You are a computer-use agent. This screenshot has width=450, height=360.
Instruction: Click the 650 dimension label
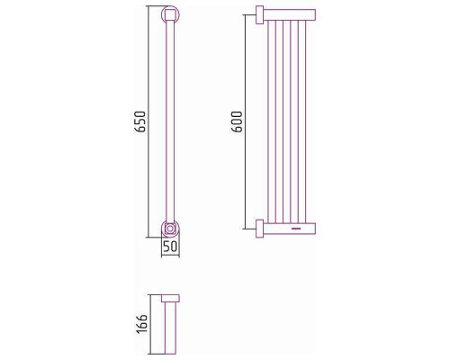click(x=140, y=121)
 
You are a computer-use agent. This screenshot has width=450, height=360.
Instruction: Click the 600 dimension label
click(x=237, y=121)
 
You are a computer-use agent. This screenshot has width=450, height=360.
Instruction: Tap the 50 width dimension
click(x=170, y=247)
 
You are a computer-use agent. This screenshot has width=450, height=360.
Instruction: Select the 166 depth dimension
click(x=141, y=324)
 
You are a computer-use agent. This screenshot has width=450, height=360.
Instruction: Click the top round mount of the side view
click(x=170, y=13)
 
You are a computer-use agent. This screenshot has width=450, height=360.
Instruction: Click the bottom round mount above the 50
click(x=170, y=229)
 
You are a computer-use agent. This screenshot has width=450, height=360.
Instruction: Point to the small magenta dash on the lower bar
click(x=296, y=229)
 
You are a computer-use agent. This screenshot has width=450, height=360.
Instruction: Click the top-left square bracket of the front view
click(x=259, y=14)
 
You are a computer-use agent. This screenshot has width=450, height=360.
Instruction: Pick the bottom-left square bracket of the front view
click(x=259, y=229)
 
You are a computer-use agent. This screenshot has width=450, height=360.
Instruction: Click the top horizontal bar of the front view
click(x=290, y=14)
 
